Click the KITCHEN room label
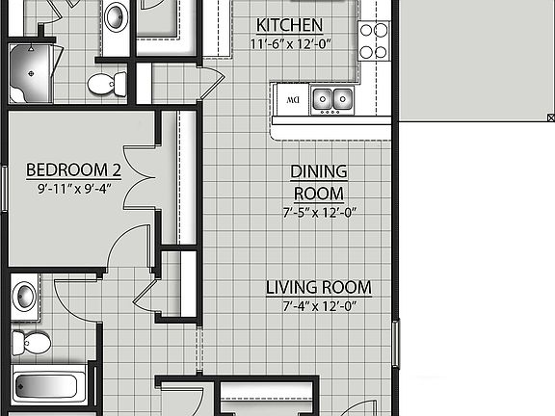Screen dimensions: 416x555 point(290,25)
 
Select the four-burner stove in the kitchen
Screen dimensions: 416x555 point(373,40)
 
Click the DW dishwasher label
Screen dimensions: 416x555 point(291,97)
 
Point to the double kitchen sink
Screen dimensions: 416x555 point(331,97)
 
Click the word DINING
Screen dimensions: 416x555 point(319,172)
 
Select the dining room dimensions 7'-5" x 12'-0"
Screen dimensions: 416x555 point(319,213)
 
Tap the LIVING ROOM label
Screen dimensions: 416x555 point(318,287)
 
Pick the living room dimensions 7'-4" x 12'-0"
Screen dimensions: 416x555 point(318,306)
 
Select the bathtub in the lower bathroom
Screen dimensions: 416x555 point(49,388)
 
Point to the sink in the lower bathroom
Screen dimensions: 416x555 point(24,295)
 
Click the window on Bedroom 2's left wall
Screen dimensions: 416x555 point(4,183)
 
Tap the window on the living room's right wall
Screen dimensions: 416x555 point(397,342)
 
